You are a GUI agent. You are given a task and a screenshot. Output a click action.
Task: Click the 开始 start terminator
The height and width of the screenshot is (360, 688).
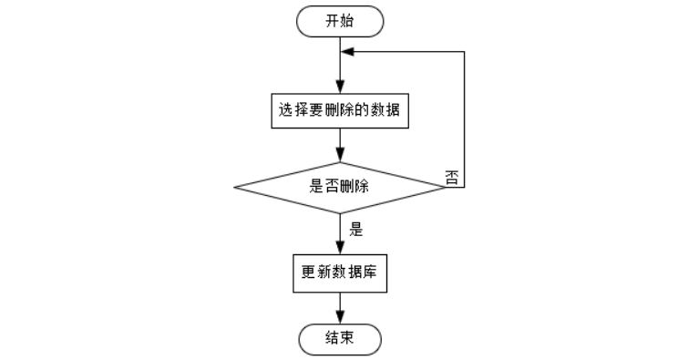340,21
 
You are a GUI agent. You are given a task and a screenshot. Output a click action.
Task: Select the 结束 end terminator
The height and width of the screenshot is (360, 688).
340,339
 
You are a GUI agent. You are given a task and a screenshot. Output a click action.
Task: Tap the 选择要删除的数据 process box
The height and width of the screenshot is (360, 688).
340,110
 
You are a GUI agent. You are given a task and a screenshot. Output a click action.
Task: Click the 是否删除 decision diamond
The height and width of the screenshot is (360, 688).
340,188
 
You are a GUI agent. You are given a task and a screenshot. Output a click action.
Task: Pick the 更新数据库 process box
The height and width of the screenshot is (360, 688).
340,273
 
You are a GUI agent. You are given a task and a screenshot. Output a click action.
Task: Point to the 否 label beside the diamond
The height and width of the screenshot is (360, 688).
452,178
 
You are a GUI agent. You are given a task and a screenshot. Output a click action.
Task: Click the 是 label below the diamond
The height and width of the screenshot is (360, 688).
356,229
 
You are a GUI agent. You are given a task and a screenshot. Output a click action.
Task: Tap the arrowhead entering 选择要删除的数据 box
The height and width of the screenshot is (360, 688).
340,87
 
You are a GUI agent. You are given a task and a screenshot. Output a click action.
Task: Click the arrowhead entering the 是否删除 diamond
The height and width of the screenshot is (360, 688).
340,156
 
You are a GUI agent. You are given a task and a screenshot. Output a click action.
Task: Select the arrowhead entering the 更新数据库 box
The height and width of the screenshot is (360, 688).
340,248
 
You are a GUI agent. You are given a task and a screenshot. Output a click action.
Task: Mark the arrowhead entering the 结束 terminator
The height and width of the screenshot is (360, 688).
340,317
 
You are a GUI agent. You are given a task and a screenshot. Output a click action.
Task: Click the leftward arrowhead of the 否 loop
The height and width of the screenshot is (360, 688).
347,52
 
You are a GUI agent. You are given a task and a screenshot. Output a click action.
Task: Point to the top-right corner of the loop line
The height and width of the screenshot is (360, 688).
464,52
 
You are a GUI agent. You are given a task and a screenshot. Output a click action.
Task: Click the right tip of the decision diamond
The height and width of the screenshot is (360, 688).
446,188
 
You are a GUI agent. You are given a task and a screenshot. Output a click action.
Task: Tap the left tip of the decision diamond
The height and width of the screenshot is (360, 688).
234,188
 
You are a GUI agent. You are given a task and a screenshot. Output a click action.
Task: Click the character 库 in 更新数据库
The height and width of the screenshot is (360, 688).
370,273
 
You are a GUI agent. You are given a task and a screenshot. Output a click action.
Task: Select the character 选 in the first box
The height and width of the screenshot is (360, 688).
285,109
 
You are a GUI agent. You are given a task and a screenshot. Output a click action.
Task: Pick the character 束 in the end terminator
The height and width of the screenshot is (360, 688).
346,338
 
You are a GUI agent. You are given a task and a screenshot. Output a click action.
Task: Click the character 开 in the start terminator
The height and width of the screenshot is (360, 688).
332,21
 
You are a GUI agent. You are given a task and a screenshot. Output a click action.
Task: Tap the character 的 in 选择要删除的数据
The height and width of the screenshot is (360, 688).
362,109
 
